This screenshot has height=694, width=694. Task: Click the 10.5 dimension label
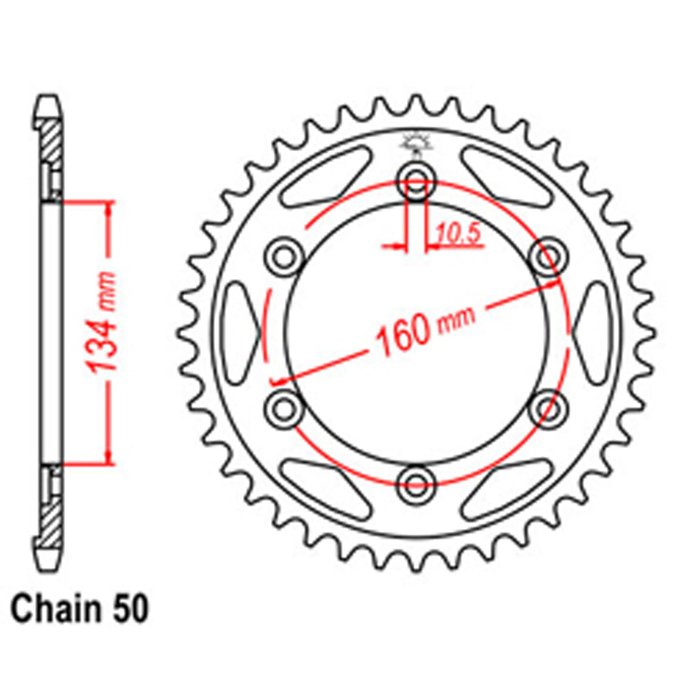(x=459, y=236)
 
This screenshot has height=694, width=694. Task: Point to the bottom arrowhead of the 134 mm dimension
(x=108, y=457)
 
